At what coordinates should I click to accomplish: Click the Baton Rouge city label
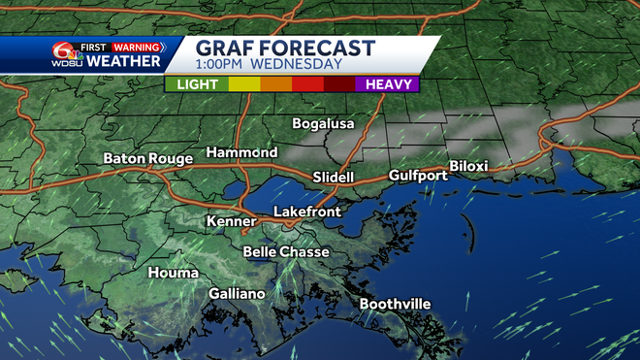pyautogui.click(x=145, y=158)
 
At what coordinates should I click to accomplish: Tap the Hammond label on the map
pyautogui.click(x=241, y=152)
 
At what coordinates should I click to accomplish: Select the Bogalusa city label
pyautogui.click(x=324, y=123)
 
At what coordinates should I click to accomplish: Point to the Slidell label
pyautogui.click(x=334, y=178)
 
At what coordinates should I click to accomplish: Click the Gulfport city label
pyautogui.click(x=417, y=176)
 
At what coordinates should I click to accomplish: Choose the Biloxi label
pyautogui.click(x=468, y=166)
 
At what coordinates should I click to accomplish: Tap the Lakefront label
pyautogui.click(x=308, y=211)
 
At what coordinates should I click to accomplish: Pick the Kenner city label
pyautogui.click(x=231, y=222)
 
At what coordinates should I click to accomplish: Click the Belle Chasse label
pyautogui.click(x=286, y=251)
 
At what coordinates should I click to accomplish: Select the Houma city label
pyautogui.click(x=173, y=273)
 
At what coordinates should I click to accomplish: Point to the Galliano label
pyautogui.click(x=237, y=294)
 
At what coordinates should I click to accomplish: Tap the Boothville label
pyautogui.click(x=395, y=304)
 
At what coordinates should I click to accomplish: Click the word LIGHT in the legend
pyautogui.click(x=197, y=84)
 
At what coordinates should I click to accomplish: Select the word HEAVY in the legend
pyautogui.click(x=387, y=84)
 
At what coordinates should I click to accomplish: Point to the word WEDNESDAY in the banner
pyautogui.click(x=297, y=65)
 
